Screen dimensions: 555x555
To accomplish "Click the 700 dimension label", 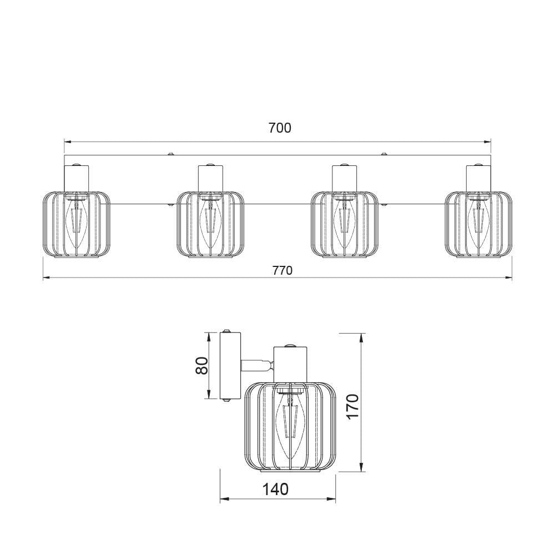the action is [280, 128].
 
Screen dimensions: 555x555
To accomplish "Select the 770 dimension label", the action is [282, 270].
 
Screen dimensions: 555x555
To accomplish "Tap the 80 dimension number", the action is [202, 365].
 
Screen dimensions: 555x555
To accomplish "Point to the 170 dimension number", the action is [352, 407].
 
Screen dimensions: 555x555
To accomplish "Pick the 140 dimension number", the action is [275, 489].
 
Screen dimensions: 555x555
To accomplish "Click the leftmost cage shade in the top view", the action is [77, 225].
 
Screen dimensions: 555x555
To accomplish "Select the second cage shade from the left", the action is [210, 225].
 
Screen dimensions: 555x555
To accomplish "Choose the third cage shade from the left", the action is [345, 225].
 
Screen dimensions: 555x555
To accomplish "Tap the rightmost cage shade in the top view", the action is [478, 225].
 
